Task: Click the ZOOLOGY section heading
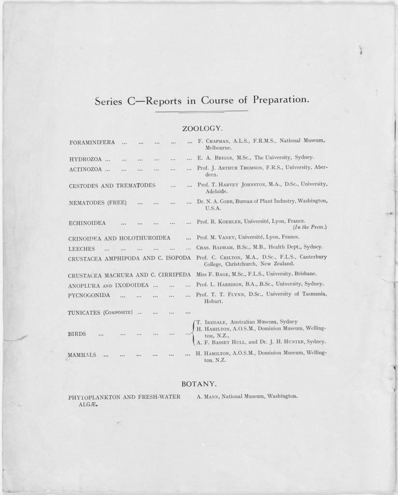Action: (x=202, y=129)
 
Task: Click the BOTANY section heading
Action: (x=199, y=384)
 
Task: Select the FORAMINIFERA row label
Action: (x=92, y=143)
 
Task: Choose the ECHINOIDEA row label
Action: (x=87, y=223)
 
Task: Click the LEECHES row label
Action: (x=82, y=248)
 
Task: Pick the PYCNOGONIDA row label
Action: (x=89, y=295)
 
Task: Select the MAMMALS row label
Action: (x=82, y=355)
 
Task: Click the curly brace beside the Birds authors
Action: (x=193, y=333)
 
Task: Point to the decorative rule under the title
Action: (x=201, y=112)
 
